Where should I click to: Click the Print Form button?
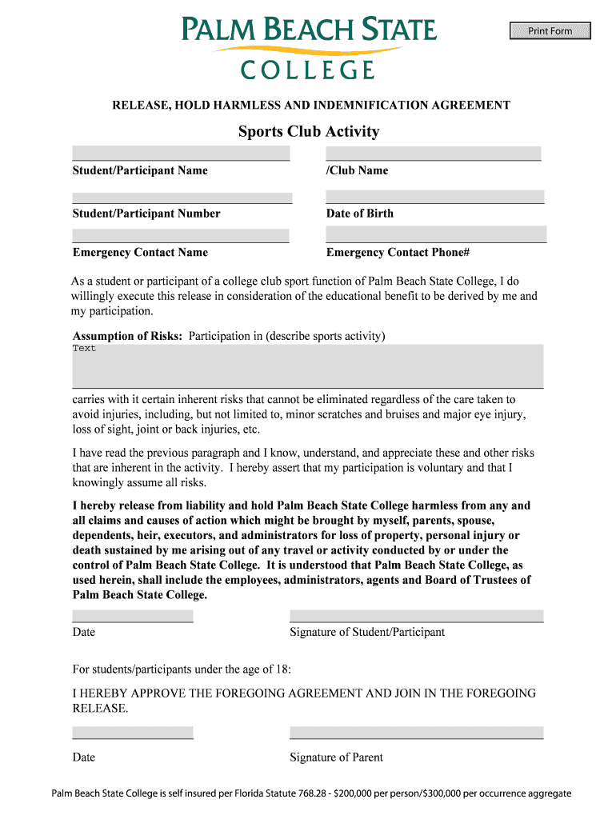(x=550, y=31)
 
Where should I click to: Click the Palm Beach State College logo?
(x=308, y=48)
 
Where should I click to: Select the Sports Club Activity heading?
(x=308, y=132)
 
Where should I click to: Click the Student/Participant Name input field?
(x=181, y=154)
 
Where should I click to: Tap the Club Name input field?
(x=434, y=154)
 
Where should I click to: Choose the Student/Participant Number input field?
(x=182, y=198)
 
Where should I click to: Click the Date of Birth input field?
(x=434, y=197)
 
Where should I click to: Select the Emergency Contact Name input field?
(x=181, y=236)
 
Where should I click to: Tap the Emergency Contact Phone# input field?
(x=436, y=234)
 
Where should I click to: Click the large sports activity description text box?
(x=308, y=366)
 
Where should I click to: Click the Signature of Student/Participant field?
(x=416, y=616)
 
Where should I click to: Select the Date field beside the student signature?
(x=133, y=616)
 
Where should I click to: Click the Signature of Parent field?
(x=416, y=733)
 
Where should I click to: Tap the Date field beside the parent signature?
(x=133, y=733)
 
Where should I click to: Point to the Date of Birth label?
(x=360, y=214)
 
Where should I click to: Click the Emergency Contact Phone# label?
(x=398, y=253)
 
